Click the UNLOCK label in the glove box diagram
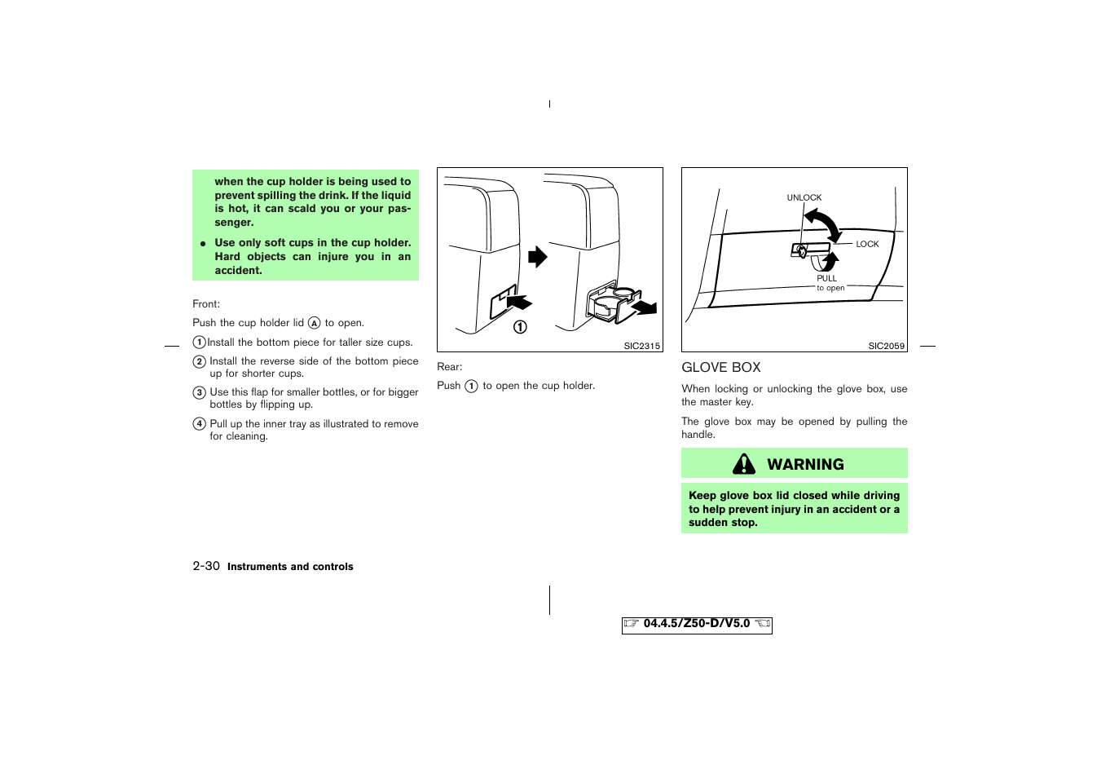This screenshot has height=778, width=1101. point(804,197)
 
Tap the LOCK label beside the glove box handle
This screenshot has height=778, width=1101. point(867,244)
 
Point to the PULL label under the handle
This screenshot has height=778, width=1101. point(826,278)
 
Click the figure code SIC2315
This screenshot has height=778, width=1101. point(641,346)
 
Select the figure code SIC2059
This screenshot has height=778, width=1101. point(886,346)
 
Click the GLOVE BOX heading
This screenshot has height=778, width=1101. point(720,368)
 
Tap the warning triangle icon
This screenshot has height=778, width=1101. point(743,464)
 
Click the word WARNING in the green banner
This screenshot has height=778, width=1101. point(805,465)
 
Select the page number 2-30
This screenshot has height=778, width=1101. point(206,566)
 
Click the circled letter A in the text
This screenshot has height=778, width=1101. point(314,323)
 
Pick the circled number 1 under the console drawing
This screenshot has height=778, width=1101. point(520,327)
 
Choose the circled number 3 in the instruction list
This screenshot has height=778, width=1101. point(199,392)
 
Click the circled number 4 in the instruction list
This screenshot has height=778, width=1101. point(199,424)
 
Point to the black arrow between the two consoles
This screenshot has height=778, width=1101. point(537,257)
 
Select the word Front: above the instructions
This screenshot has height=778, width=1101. point(206,304)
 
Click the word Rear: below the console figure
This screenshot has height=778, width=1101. point(449,367)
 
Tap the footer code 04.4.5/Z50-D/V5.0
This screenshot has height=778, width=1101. point(696,624)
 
